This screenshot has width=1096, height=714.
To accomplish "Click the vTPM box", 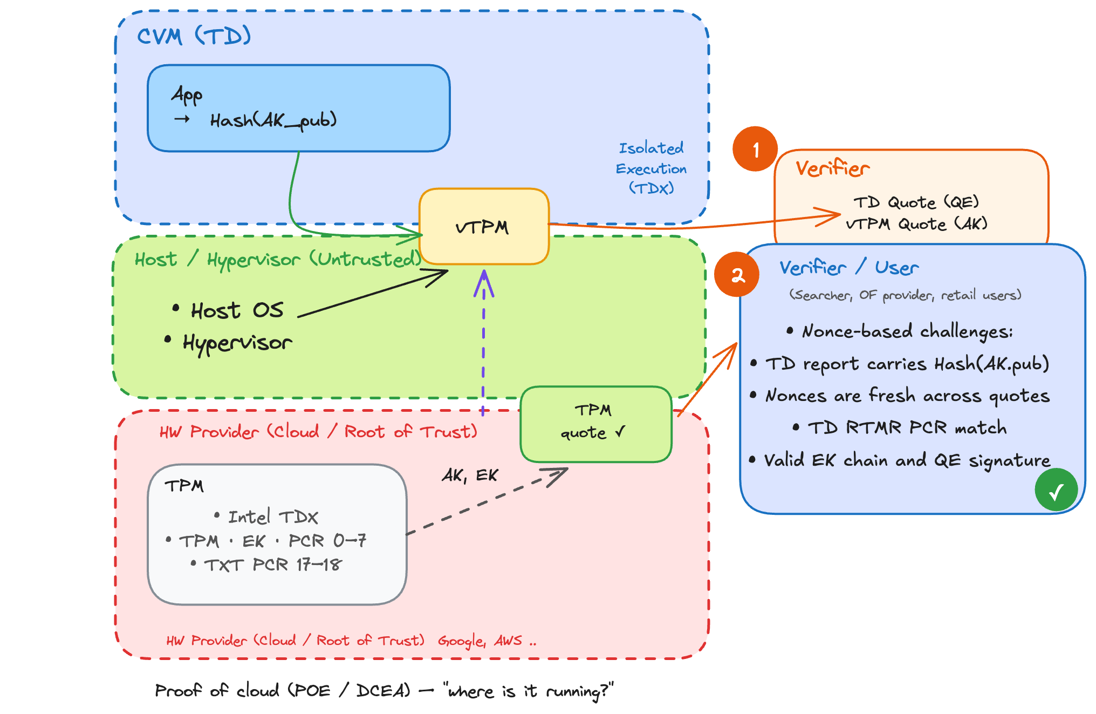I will [x=484, y=227].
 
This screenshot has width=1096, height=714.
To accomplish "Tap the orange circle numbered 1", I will [x=755, y=149].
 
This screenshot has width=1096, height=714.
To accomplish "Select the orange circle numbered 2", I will [x=737, y=275].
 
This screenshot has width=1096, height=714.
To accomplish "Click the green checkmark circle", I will [x=1056, y=490].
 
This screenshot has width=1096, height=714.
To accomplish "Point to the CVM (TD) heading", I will [x=194, y=37].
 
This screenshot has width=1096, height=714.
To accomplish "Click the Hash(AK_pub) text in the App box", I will [x=273, y=120].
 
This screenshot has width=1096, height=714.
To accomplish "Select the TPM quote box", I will [x=595, y=424].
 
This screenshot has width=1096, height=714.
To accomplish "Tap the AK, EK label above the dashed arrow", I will [x=470, y=475].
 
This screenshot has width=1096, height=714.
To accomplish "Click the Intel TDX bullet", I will [x=273, y=517].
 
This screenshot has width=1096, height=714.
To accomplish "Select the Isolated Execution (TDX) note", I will [x=651, y=168].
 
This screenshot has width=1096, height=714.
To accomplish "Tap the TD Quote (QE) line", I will [x=916, y=202].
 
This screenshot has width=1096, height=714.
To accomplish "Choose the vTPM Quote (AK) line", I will [x=916, y=224].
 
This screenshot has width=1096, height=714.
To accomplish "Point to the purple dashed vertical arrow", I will [x=483, y=345].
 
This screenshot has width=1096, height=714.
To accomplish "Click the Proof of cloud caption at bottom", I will [x=383, y=691].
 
